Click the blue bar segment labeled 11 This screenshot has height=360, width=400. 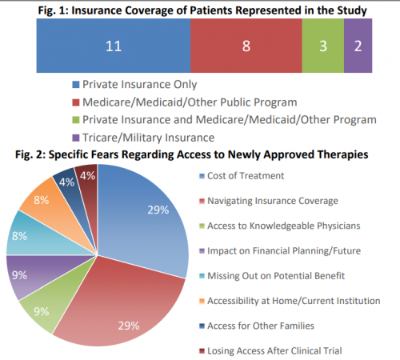pos(114,46)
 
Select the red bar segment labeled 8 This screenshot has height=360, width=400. pos(246,46)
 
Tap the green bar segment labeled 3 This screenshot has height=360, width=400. pos(323,46)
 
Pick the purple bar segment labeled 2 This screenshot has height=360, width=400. pos(358,46)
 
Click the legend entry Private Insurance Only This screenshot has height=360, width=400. pos(134,85)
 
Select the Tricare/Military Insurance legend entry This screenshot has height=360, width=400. pos(143,138)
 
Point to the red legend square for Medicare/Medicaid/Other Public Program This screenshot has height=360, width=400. pos(76,102)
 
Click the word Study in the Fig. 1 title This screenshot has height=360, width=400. pos(352,10)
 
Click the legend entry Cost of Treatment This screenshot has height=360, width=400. pos(242,176)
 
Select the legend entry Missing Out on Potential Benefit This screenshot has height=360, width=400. pos(272,276)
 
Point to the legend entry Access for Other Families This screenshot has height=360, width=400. pos(257,326)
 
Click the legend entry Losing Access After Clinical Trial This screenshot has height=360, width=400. pos(270,351)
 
